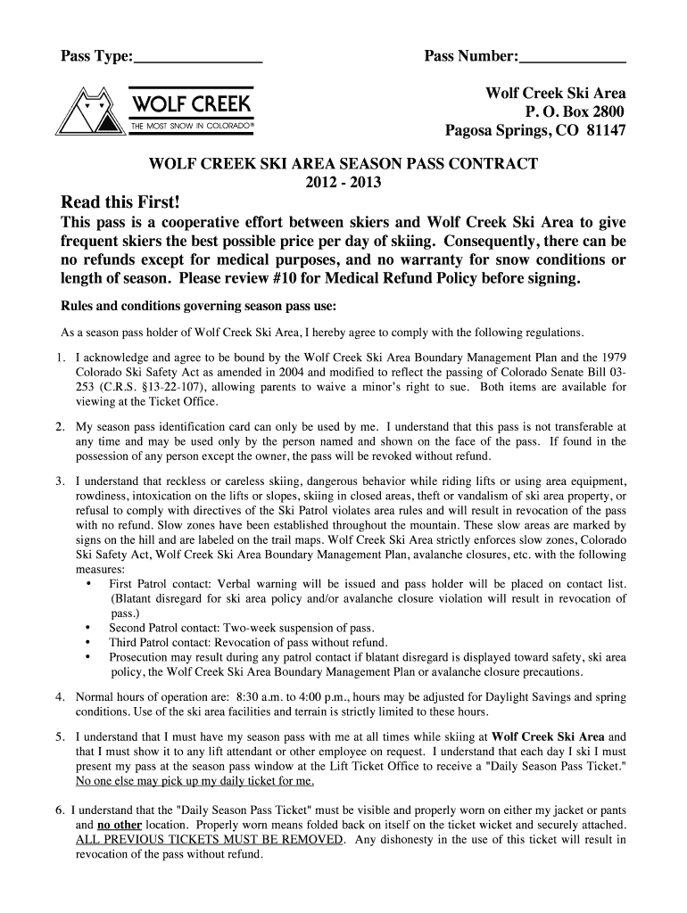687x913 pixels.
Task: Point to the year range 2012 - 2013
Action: pyautogui.click(x=343, y=183)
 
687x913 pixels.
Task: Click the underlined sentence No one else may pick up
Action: pyautogui.click(x=195, y=782)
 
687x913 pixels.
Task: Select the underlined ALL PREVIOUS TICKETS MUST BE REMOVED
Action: pyautogui.click(x=209, y=840)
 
